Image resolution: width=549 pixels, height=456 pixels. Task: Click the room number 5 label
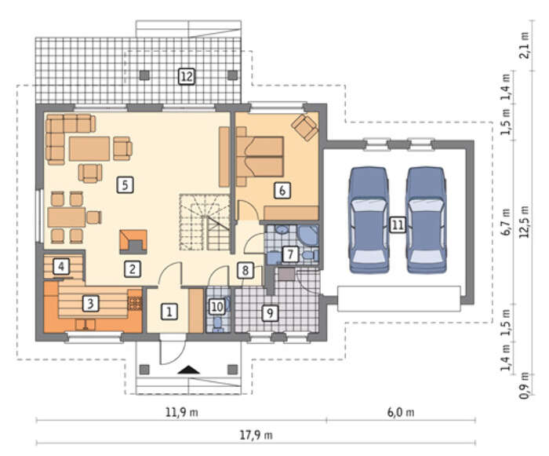click(x=125, y=184)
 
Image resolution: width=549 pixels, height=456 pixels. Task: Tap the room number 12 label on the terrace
click(x=187, y=76)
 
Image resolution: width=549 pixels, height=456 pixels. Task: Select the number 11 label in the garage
click(x=398, y=224)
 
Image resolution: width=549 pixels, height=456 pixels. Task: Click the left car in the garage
click(x=369, y=220)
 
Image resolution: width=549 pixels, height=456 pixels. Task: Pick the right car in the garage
click(x=427, y=220)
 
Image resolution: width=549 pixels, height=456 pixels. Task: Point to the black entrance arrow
click(x=188, y=370)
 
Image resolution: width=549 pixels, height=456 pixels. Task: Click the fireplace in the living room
click(x=133, y=242)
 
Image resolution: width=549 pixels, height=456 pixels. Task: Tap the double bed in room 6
click(x=260, y=156)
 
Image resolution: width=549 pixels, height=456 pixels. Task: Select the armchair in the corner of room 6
click(x=305, y=128)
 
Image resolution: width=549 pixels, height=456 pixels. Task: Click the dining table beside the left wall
click(x=67, y=217)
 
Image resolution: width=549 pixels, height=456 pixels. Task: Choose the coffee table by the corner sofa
click(x=89, y=148)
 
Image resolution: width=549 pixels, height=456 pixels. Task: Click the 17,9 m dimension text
click(x=256, y=436)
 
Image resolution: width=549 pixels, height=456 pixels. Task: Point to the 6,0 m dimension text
click(x=401, y=412)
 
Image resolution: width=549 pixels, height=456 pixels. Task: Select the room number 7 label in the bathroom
click(x=290, y=254)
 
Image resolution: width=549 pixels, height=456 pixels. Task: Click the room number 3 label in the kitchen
click(x=90, y=303)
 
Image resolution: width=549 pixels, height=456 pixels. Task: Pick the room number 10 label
click(x=217, y=307)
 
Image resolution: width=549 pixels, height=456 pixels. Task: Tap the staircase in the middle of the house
click(x=205, y=222)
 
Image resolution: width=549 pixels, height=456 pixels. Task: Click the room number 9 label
click(x=270, y=312)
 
